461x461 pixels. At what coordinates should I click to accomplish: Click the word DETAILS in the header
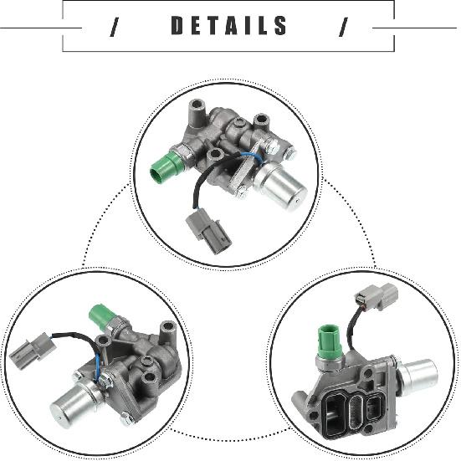(229, 27)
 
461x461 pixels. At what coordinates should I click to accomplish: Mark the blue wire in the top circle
(248, 156)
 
